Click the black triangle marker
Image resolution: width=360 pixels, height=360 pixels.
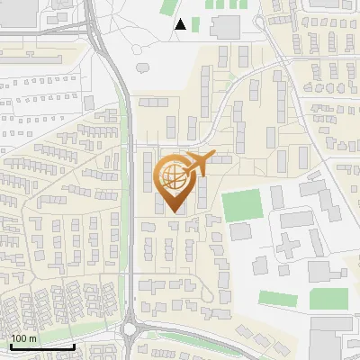[181, 24]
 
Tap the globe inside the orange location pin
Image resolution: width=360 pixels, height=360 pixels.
[174, 177]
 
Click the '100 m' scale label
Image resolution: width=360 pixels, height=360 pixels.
[23, 338]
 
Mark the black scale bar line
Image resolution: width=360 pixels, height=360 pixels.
[41, 346]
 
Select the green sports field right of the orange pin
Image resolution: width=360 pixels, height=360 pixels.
[241, 205]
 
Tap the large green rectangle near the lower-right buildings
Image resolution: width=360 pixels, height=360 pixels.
[329, 298]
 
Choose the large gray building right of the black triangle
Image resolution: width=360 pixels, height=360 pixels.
[225, 26]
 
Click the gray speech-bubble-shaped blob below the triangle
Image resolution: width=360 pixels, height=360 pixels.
[143, 67]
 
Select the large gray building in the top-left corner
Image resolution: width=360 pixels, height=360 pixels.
[20, 13]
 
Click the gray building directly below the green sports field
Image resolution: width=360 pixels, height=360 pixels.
[240, 231]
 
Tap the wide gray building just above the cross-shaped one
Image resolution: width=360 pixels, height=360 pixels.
[295, 219]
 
